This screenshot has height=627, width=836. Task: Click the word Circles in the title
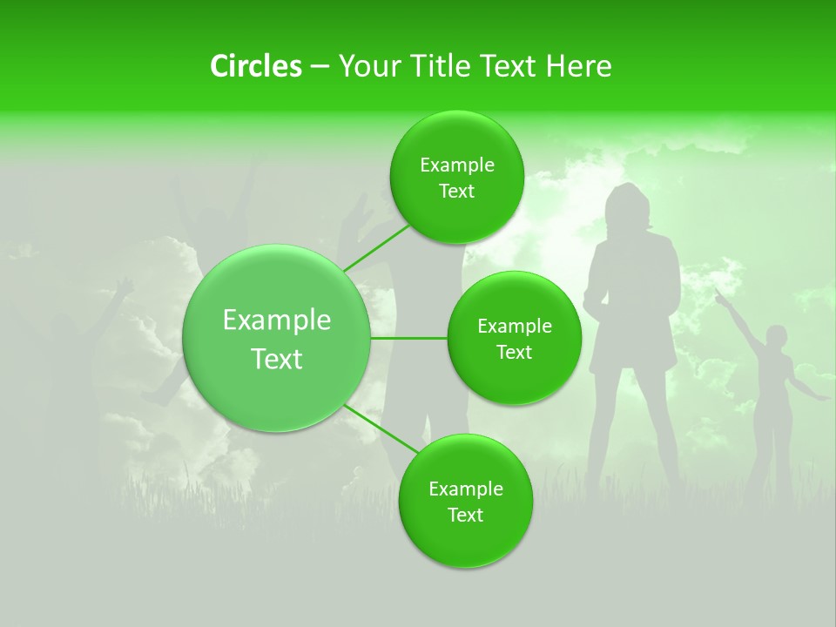255,66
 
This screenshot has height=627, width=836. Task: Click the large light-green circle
277,338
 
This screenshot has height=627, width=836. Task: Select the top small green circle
456,177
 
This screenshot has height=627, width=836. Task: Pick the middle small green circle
514,338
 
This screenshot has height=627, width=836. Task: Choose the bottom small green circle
465,501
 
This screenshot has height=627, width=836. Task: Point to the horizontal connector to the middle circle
409,338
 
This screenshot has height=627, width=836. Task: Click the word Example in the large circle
277,320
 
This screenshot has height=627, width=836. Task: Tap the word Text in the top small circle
456,192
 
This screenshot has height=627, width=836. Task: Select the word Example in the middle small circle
514,326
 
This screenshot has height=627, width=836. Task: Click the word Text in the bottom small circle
465,516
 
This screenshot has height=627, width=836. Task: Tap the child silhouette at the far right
772,392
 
